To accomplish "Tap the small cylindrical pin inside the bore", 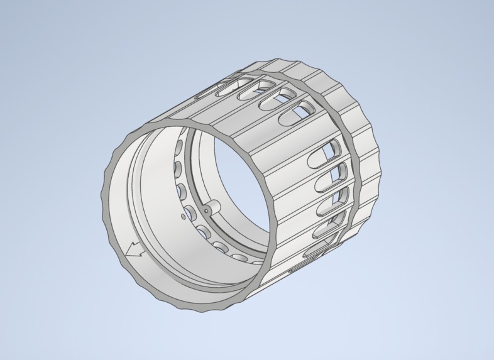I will point(213,206).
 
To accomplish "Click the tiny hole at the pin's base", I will point(206,210).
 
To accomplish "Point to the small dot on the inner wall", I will point(183,216).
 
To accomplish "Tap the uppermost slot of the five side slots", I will point(328,151).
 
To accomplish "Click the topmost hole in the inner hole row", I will point(178,148).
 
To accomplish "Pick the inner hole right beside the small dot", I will point(189,210).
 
